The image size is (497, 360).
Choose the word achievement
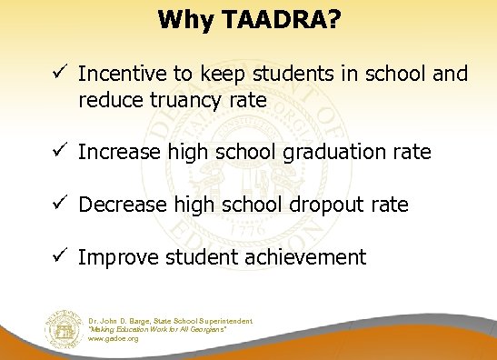click(299, 258)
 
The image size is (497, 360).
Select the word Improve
click(116, 258)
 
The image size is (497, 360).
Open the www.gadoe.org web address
click(114, 338)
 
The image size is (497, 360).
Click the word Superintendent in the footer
click(226, 320)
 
